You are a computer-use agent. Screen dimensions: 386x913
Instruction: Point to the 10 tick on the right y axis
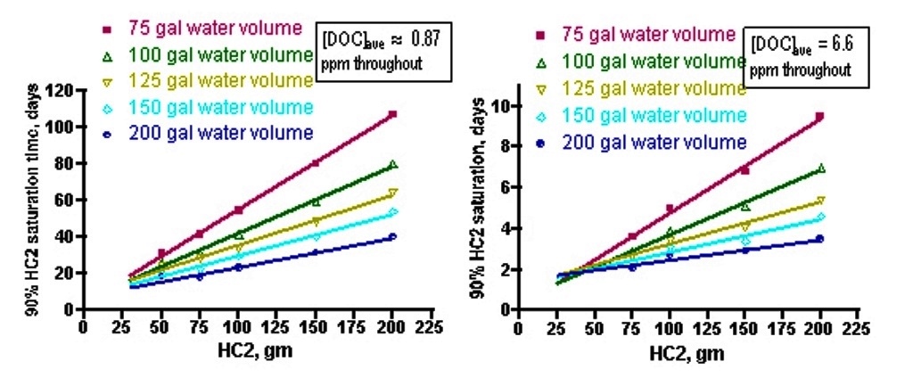[x=502, y=106]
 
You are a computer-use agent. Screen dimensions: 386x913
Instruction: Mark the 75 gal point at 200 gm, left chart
[x=392, y=114]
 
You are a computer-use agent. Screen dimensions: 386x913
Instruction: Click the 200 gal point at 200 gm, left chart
[x=392, y=236]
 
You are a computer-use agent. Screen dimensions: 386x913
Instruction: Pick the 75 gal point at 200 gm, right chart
[x=819, y=116]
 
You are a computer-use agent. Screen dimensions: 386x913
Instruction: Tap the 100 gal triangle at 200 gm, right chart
[x=820, y=168]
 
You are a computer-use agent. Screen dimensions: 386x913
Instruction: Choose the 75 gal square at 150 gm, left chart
[x=315, y=163]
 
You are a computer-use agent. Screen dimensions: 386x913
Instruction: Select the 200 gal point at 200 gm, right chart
[x=819, y=238]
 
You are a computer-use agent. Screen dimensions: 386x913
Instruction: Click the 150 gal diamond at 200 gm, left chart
[x=392, y=212]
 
